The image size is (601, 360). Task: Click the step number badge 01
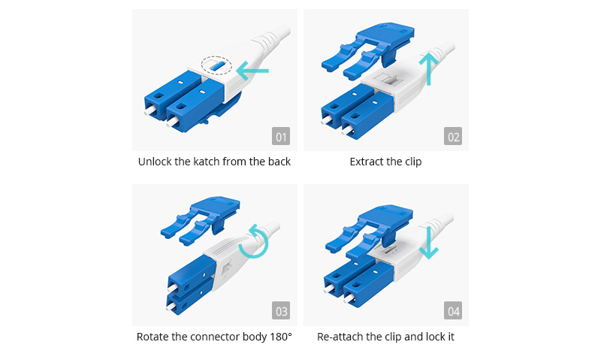(x=282, y=137)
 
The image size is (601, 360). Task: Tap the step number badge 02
(x=453, y=137)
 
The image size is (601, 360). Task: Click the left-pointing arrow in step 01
(x=252, y=71)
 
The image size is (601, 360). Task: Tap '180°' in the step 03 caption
(x=277, y=337)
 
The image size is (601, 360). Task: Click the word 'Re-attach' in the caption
(x=340, y=337)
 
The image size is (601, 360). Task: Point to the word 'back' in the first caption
(x=277, y=162)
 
